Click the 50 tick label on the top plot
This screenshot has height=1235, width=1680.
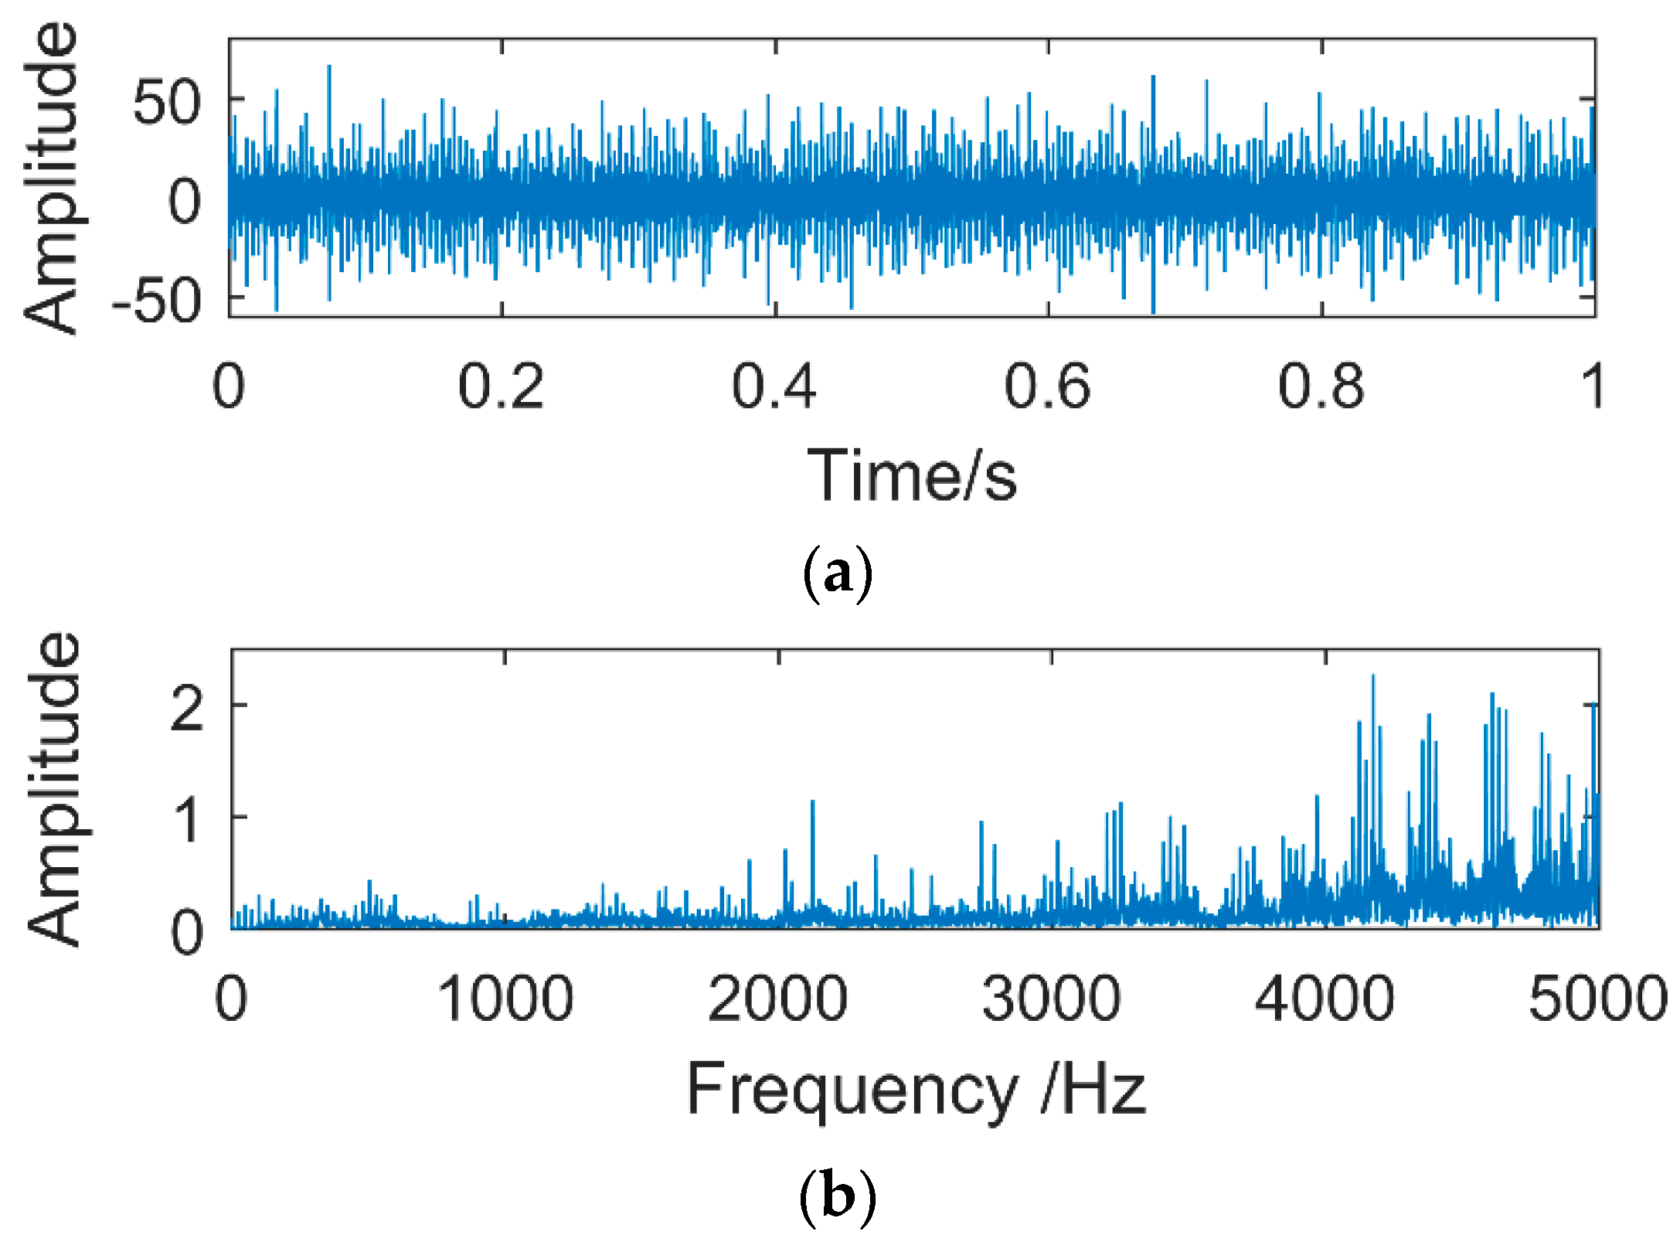[166, 103]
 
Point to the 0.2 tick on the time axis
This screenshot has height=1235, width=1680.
[501, 386]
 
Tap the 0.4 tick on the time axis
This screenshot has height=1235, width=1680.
[774, 386]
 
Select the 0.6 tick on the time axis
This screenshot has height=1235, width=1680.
[1047, 386]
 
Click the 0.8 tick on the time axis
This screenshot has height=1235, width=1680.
[1321, 386]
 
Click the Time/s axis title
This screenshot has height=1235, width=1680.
[912, 475]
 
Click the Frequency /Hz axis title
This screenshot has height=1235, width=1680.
[916, 1089]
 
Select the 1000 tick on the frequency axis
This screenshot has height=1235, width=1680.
[505, 999]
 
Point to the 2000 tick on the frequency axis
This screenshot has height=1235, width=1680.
[777, 999]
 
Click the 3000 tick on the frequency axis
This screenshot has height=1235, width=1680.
[1051, 999]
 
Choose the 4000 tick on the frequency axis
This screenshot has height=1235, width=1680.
[1325, 999]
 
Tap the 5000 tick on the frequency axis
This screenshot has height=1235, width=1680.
[1597, 999]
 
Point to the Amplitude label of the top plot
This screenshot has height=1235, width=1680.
[50, 178]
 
